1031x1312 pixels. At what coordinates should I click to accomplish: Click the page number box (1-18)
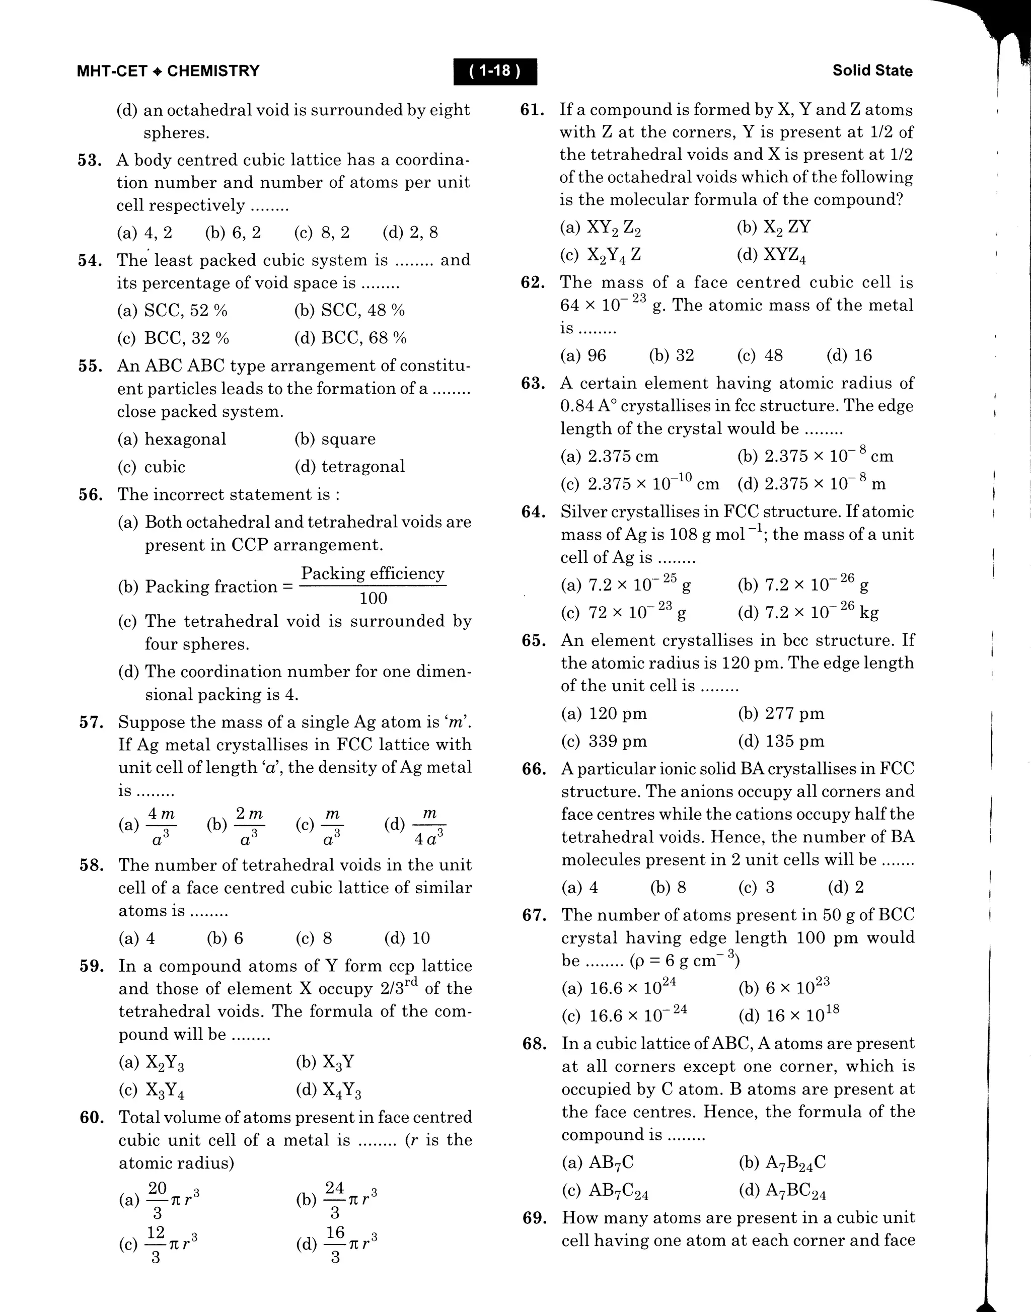pos(495,71)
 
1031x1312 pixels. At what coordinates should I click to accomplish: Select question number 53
pos(89,161)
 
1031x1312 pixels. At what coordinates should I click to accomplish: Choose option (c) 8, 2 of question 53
pos(322,233)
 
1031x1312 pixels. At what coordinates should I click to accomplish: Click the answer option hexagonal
pos(185,439)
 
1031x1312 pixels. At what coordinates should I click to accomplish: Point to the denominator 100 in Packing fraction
pos(373,598)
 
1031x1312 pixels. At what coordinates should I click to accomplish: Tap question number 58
pos(91,865)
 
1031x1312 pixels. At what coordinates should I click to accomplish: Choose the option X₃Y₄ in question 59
pos(164,1090)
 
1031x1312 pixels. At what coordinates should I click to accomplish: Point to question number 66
pos(534,769)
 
